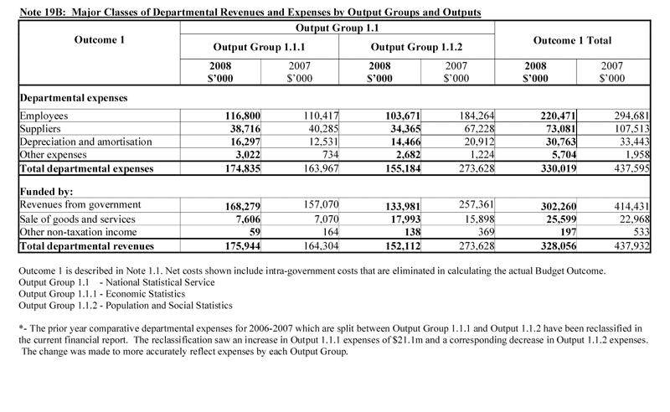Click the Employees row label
43,116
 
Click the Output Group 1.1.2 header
416,47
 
